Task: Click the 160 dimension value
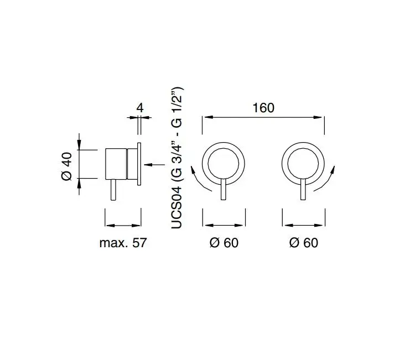tap(263, 108)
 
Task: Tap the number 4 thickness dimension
tap(140, 108)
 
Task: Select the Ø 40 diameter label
tap(67, 166)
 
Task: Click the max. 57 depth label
tap(123, 243)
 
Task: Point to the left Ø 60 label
tap(224, 243)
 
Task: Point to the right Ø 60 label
tap(304, 243)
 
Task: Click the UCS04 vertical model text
tap(177, 208)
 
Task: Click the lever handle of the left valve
tap(224, 189)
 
